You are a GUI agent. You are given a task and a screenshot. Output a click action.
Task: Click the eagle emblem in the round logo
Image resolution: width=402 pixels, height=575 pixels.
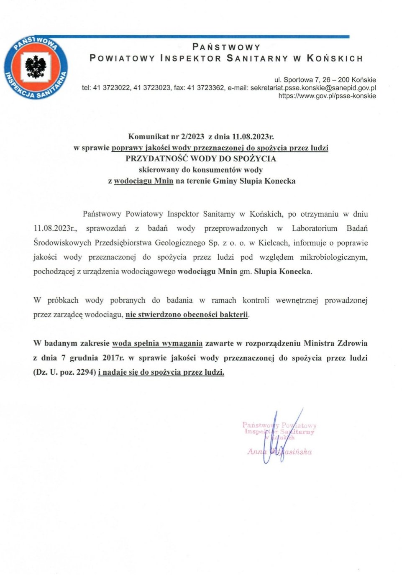(x=36, y=67)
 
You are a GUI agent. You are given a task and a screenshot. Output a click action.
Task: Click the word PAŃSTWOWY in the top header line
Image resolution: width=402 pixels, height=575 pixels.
(x=226, y=47)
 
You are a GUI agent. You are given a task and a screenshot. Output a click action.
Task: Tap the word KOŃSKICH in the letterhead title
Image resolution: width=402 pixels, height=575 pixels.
(x=335, y=59)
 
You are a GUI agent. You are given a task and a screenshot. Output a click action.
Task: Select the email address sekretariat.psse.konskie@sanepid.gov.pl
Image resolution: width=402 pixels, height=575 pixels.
(x=313, y=88)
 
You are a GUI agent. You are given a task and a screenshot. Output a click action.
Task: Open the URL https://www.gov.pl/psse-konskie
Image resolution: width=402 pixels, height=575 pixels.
(x=327, y=96)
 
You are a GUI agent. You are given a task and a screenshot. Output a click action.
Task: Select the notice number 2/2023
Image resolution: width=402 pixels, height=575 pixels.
(x=192, y=136)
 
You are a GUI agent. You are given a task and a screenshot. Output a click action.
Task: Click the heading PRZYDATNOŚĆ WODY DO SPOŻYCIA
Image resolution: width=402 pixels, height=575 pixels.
(x=201, y=158)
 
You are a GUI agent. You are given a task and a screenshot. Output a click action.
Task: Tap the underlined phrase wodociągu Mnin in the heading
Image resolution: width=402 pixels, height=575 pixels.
(x=143, y=181)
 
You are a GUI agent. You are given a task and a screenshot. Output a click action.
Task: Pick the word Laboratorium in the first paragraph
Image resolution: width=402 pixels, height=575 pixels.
(x=314, y=228)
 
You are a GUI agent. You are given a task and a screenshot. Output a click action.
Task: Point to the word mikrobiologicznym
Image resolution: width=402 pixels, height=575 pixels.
(x=333, y=257)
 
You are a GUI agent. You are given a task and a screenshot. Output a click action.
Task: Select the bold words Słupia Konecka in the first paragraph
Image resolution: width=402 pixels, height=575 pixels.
(x=282, y=271)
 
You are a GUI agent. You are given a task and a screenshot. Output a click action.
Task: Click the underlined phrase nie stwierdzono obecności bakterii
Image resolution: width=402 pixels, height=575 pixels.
(x=187, y=314)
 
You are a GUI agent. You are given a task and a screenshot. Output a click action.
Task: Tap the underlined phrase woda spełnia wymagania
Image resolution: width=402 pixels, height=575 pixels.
(x=157, y=343)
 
